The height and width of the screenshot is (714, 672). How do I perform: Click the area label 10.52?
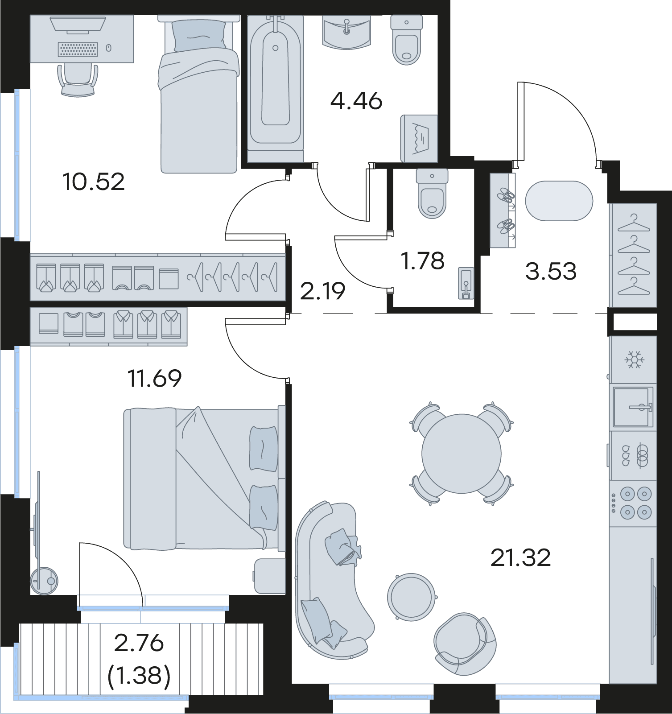coord(94,182)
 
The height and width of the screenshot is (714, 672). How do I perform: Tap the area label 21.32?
coord(520,557)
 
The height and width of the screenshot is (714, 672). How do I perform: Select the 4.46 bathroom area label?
coord(356,101)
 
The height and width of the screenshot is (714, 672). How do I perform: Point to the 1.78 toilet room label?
coord(423,261)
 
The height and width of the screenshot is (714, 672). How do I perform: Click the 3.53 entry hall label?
coord(551,271)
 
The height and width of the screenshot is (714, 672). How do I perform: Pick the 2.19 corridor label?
coord(323,292)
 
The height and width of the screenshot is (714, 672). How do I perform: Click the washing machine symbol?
coord(419,139)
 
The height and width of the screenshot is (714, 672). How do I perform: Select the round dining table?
coord(462,454)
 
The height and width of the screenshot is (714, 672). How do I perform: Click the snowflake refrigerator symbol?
coord(633,359)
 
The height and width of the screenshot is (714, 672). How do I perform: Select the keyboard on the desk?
coord(78,49)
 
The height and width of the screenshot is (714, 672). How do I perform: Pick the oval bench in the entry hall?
coord(559,201)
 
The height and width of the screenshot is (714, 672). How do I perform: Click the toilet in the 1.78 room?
coord(432,194)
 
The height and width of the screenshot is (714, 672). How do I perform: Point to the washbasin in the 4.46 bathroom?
coord(346,31)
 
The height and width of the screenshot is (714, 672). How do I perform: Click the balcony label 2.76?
coord(139,643)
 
